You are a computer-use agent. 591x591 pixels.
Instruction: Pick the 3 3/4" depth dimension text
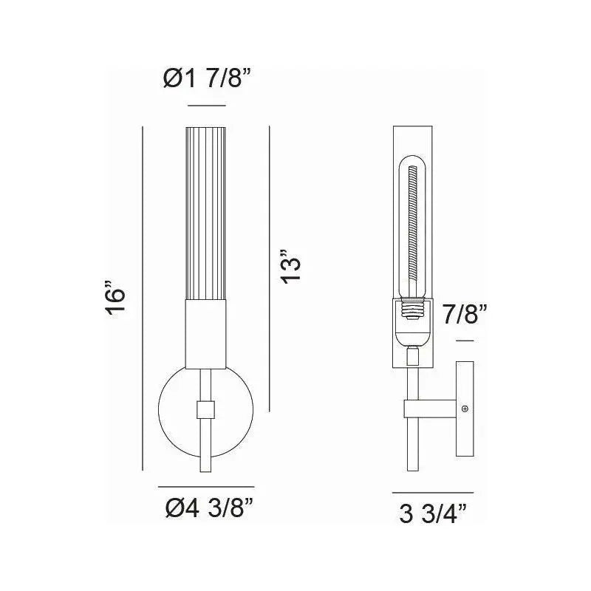click(x=434, y=511)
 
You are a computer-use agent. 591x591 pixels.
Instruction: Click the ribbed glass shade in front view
click(x=207, y=214)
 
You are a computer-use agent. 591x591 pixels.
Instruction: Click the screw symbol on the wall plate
click(x=465, y=409)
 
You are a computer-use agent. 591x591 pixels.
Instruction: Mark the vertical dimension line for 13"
click(x=270, y=269)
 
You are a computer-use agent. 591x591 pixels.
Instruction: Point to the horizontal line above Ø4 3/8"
click(x=206, y=487)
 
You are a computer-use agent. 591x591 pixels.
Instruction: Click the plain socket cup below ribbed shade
click(x=207, y=336)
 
